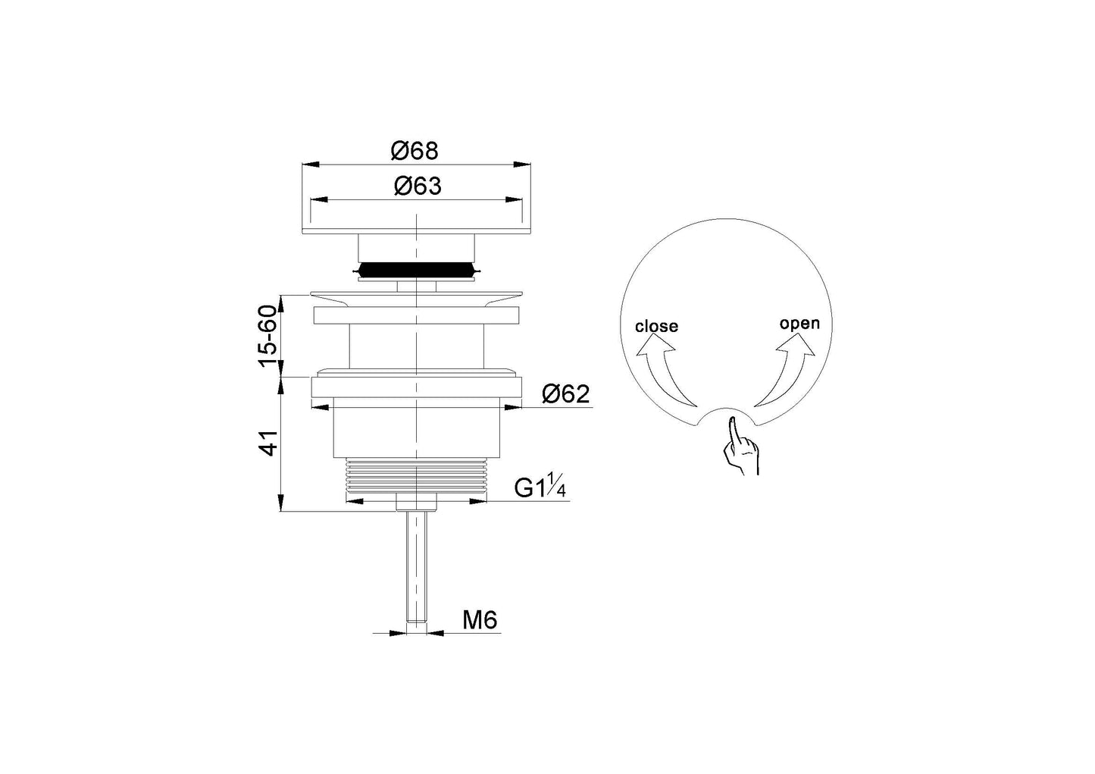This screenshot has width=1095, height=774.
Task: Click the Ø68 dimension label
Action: point(415,151)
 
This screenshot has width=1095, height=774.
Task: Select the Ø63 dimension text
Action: point(418,186)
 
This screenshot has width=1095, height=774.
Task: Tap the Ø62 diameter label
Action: point(565,394)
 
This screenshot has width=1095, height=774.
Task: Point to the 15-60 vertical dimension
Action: point(268,336)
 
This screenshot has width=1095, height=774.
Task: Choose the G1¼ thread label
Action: point(540,485)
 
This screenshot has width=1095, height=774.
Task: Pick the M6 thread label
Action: point(480,620)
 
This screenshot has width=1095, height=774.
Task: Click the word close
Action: point(656,326)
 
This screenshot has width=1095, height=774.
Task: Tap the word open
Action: point(799,324)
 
